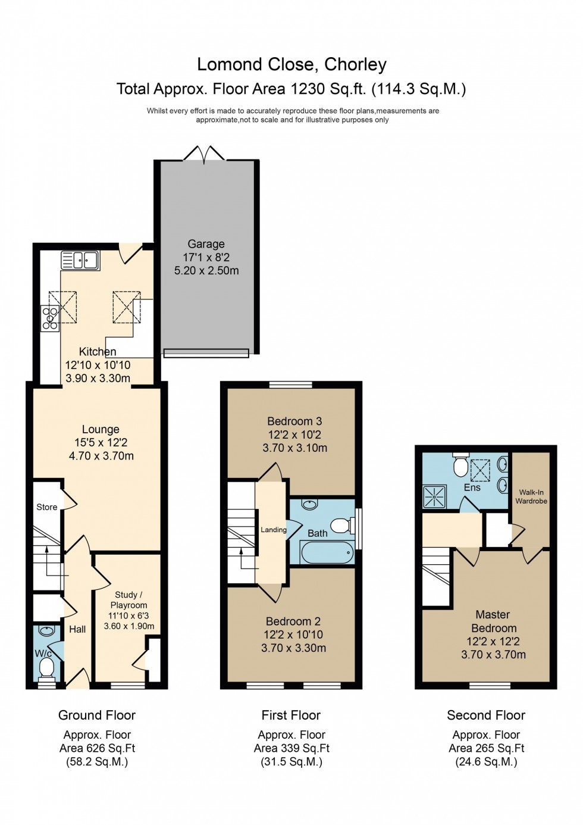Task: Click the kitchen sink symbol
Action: point(80,260)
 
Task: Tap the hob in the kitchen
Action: point(50,318)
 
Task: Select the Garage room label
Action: point(206,244)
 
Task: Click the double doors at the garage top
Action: point(204,154)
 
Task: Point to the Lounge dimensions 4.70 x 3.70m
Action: point(101,456)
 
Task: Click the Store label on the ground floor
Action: point(47,507)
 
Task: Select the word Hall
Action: point(77,629)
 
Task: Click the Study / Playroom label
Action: point(128,599)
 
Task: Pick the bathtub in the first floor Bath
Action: point(327,553)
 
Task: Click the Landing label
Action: point(273,530)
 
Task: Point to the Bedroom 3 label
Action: point(294,421)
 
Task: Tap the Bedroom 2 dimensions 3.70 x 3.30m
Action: point(294,648)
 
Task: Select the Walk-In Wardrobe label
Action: point(531,496)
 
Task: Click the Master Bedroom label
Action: point(493,621)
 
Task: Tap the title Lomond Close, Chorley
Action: point(291,64)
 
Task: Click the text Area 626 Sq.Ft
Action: point(97,748)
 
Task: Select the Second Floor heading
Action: point(486,715)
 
